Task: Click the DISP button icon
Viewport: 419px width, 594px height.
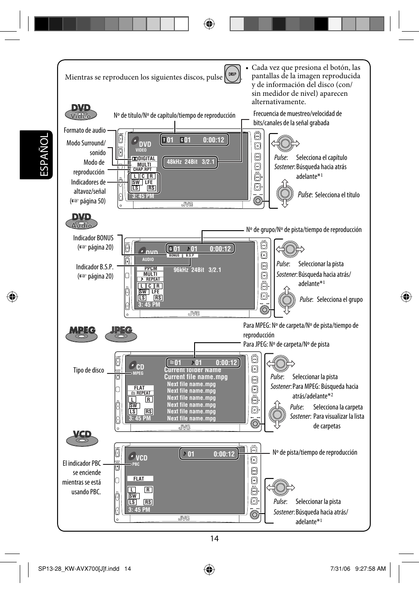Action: (x=232, y=74)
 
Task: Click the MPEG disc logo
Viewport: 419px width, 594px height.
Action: (x=82, y=334)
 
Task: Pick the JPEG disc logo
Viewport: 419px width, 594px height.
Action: (x=121, y=334)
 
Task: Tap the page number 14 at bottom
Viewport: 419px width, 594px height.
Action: (x=214, y=539)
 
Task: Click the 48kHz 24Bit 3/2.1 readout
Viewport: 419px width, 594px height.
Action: (x=191, y=162)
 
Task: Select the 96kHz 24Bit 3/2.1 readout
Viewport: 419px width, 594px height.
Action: (x=197, y=270)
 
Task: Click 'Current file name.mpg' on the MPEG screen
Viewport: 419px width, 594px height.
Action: (x=196, y=377)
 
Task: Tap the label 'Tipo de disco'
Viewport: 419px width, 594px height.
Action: (x=88, y=370)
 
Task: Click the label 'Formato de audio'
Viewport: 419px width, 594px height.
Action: (x=84, y=130)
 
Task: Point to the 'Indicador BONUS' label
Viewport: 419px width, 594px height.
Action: (x=93, y=238)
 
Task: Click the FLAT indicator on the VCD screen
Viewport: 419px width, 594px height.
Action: (x=139, y=479)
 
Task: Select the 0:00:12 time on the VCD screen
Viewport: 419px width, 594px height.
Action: (x=224, y=454)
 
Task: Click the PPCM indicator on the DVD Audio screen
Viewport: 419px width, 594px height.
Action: (x=151, y=268)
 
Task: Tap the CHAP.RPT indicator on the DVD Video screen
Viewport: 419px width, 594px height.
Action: (x=142, y=169)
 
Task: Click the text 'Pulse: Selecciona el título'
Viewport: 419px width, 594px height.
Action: (x=329, y=195)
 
